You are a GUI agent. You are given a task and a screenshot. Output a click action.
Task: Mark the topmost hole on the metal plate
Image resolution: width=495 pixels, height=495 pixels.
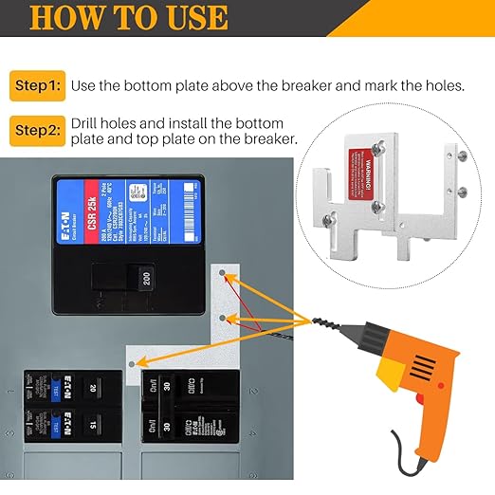click(x=222, y=274)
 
